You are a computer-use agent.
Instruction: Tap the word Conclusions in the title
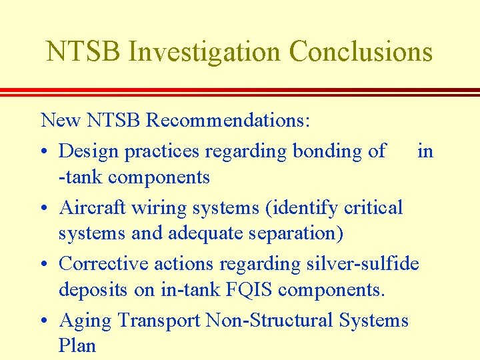pyautogui.click(x=361, y=51)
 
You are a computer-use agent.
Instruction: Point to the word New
pyautogui.click(x=59, y=121)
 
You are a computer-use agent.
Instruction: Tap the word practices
pyautogui.click(x=163, y=151)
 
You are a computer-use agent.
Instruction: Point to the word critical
pyautogui.click(x=370, y=207)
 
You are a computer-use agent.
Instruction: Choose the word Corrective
pyautogui.click(x=104, y=263)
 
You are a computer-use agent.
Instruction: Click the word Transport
pyautogui.click(x=159, y=321)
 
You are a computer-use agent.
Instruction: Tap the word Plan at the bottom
pyautogui.click(x=77, y=345)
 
